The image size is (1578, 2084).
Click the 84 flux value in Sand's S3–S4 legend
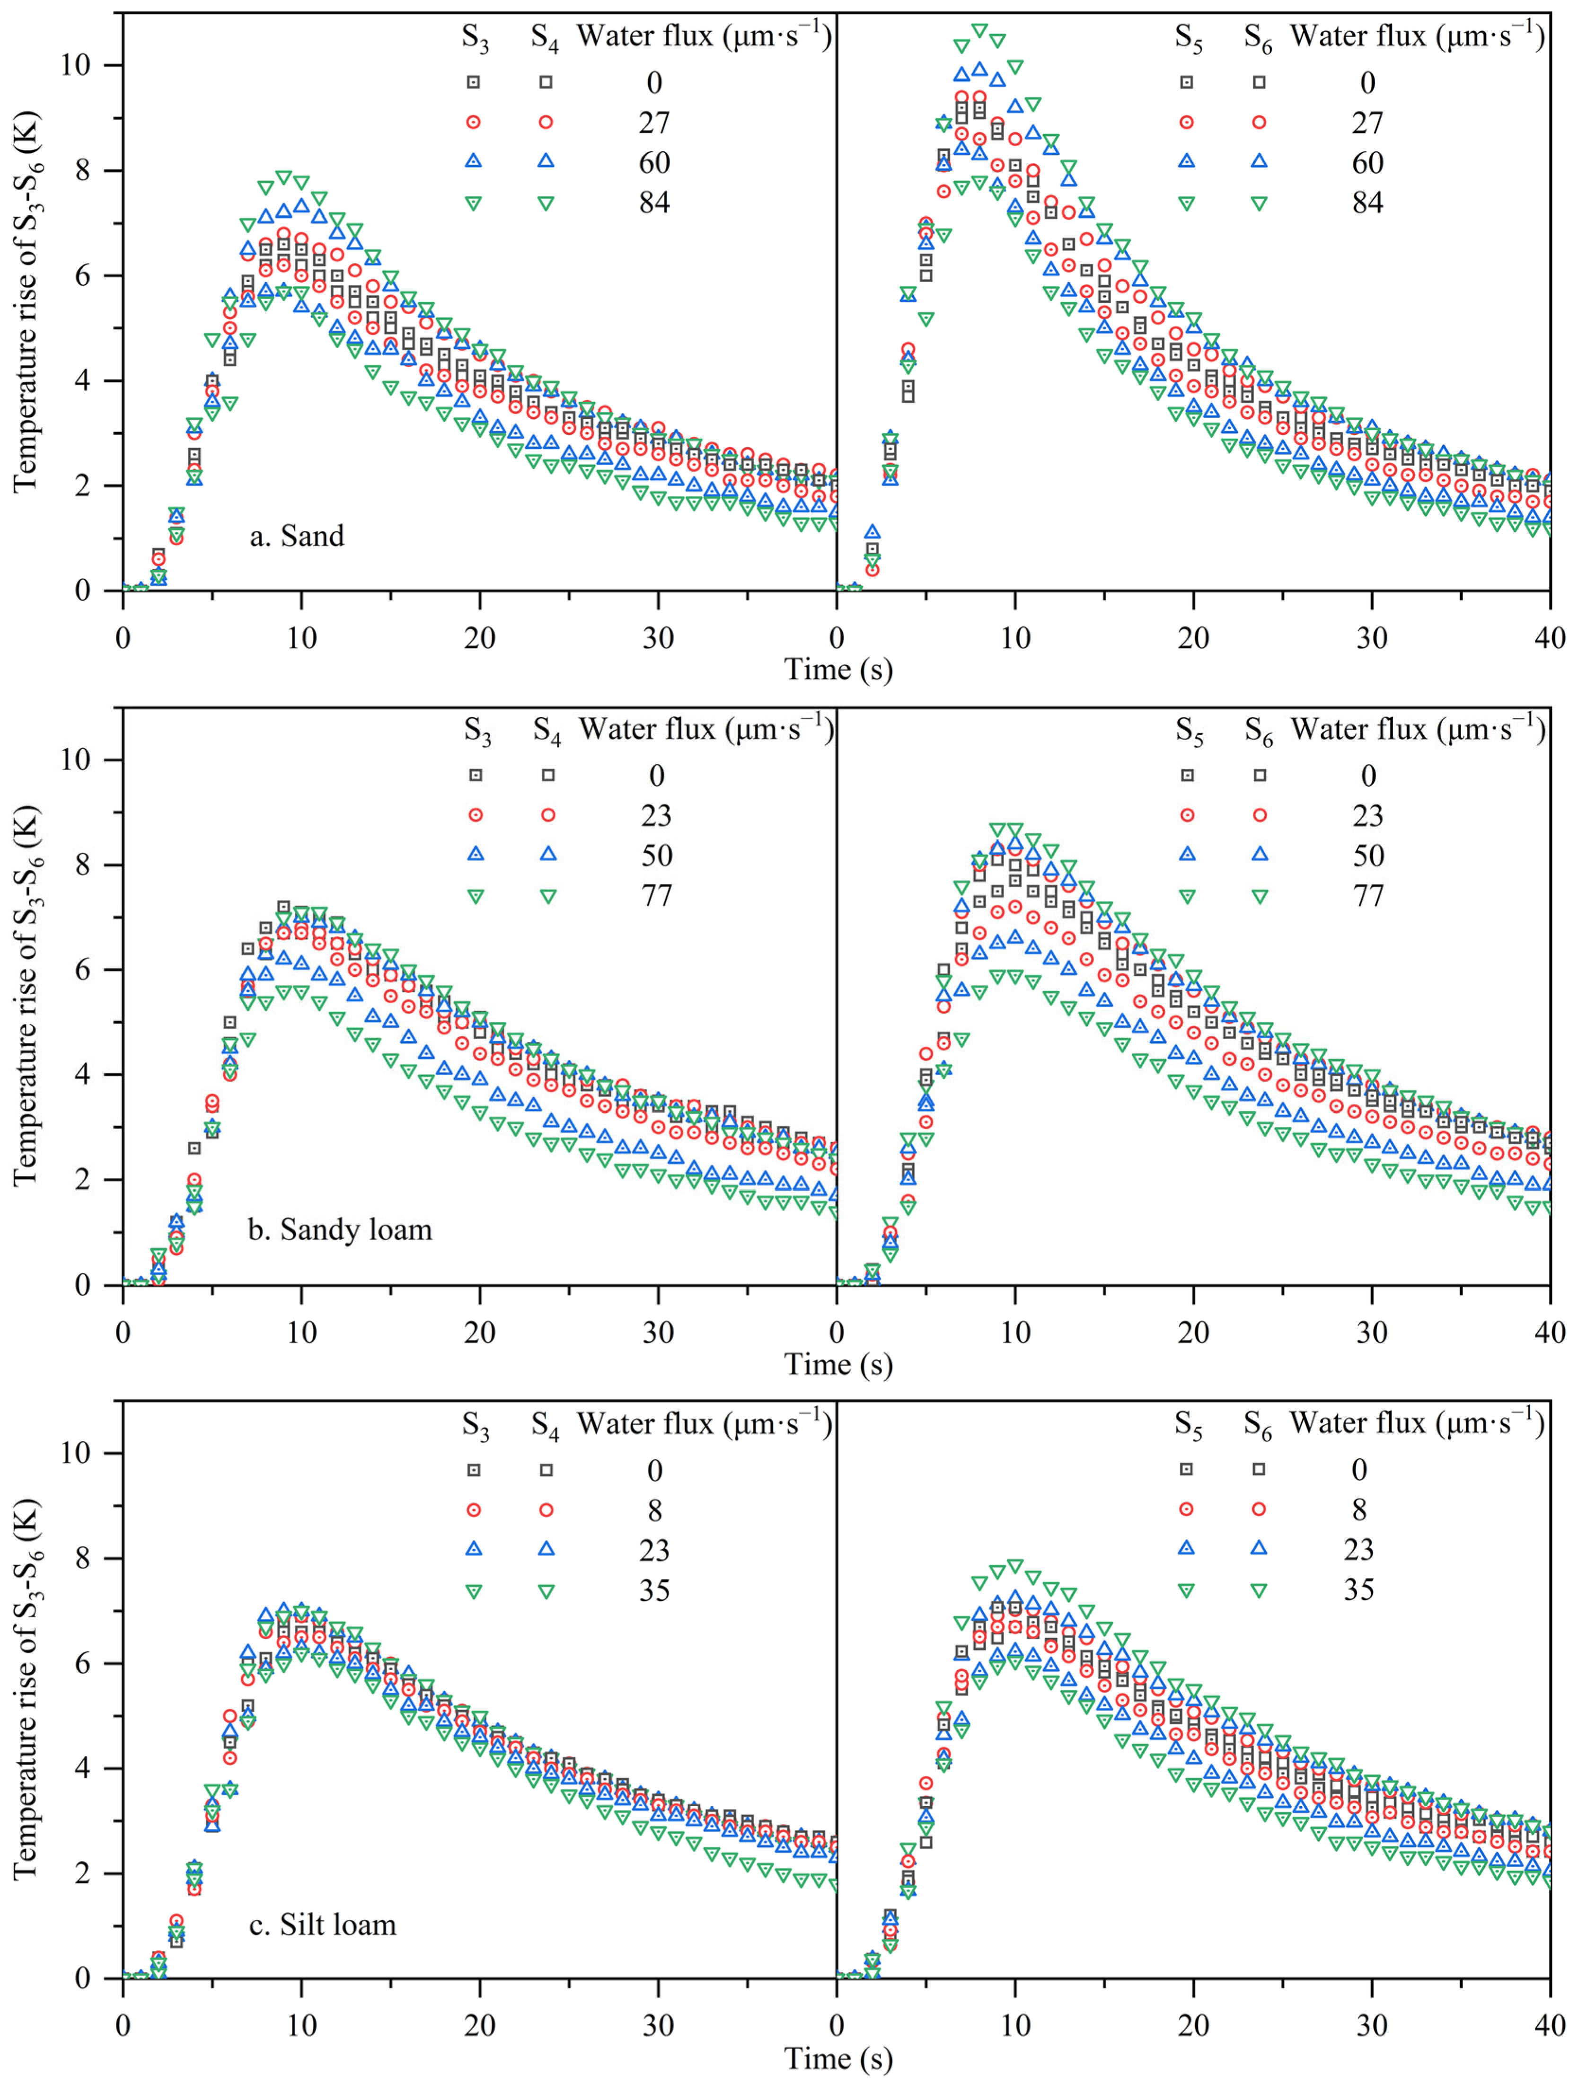(x=654, y=203)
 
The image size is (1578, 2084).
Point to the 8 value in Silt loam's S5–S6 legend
(x=1358, y=1510)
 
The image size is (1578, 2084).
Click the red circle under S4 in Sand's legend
(x=546, y=123)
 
